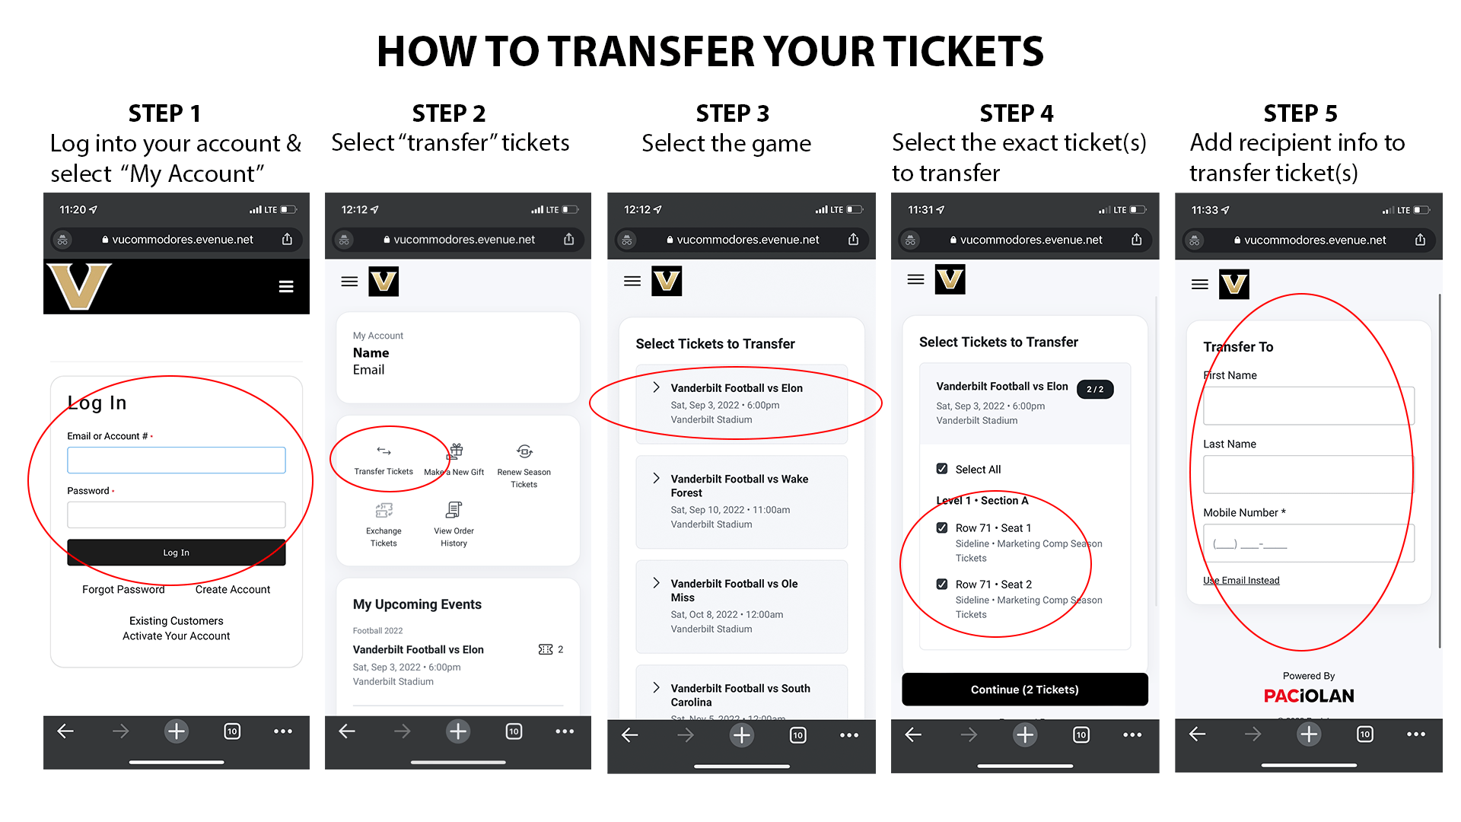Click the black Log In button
[176, 553]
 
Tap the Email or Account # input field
[176, 460]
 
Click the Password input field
[176, 515]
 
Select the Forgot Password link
[123, 590]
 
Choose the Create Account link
[232, 590]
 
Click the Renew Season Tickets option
[524, 465]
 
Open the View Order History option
[454, 524]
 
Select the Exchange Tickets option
[384, 524]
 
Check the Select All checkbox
[942, 469]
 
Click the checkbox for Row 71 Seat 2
[942, 585]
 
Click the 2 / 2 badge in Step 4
[1095, 389]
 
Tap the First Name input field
[1308, 406]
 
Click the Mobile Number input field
[1308, 543]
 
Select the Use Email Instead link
[1241, 581]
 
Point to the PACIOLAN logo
[1309, 696]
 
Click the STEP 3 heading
[732, 113]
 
